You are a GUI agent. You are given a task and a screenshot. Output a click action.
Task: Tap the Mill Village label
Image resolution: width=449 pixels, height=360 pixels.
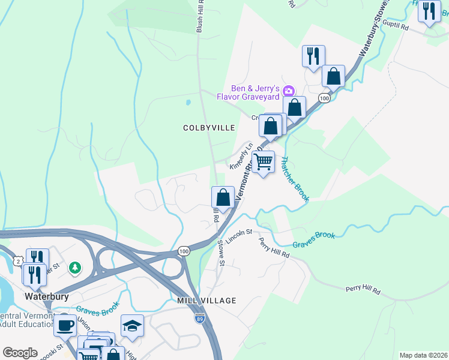click(x=206, y=300)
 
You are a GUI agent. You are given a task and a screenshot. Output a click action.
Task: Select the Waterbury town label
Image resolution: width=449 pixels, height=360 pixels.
click(x=46, y=296)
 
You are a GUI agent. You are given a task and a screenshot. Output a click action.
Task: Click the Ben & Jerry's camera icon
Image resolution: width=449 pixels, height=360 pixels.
click(x=289, y=91)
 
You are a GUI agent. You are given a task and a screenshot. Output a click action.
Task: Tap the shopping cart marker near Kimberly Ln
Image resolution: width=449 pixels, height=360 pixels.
click(x=264, y=162)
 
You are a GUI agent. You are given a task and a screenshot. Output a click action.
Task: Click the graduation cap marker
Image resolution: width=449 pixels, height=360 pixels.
click(x=132, y=325)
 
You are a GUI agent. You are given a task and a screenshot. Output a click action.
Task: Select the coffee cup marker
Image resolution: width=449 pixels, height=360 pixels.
click(x=65, y=325)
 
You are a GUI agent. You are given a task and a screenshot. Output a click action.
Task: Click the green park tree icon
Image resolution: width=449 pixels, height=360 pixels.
click(x=74, y=266)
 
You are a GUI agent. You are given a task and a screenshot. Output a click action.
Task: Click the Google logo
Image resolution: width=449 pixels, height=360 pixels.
click(x=20, y=353)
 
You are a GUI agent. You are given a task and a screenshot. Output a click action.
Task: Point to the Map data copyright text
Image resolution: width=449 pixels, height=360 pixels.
click(x=423, y=355)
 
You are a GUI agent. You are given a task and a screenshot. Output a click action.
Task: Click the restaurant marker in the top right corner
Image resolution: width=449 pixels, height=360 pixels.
click(x=429, y=12)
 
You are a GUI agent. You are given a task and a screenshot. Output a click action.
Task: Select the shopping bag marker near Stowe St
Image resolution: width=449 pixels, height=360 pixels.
click(x=223, y=197)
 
